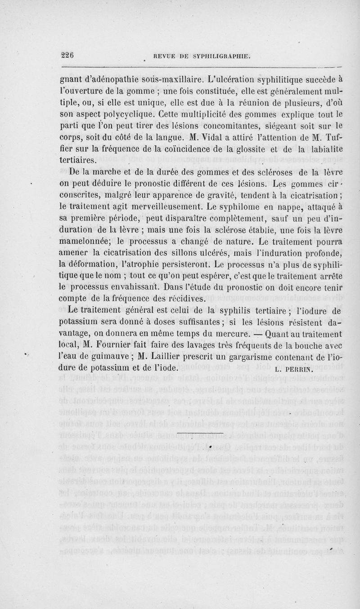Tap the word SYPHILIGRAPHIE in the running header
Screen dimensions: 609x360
(219, 56)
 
